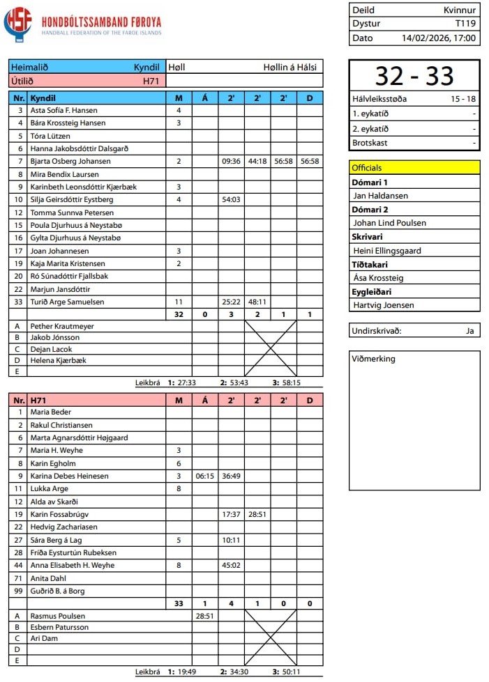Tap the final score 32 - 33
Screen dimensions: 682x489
click(x=414, y=76)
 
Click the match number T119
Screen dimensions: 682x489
click(x=465, y=24)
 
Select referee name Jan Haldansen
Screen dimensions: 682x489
click(x=380, y=196)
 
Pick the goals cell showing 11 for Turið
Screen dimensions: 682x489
click(x=179, y=302)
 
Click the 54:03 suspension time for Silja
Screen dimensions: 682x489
click(x=231, y=200)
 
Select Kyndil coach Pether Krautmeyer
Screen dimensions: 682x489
click(x=62, y=326)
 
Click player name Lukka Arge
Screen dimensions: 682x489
click(x=50, y=489)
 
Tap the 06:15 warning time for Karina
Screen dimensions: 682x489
click(x=204, y=476)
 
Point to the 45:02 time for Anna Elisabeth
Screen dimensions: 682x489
click(x=231, y=566)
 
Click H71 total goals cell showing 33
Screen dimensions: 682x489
click(x=179, y=604)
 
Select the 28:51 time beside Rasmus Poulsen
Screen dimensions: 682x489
click(x=204, y=616)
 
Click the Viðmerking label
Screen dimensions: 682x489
click(x=374, y=359)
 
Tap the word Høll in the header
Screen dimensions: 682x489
click(x=176, y=68)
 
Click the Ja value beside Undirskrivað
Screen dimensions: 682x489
click(x=469, y=331)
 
